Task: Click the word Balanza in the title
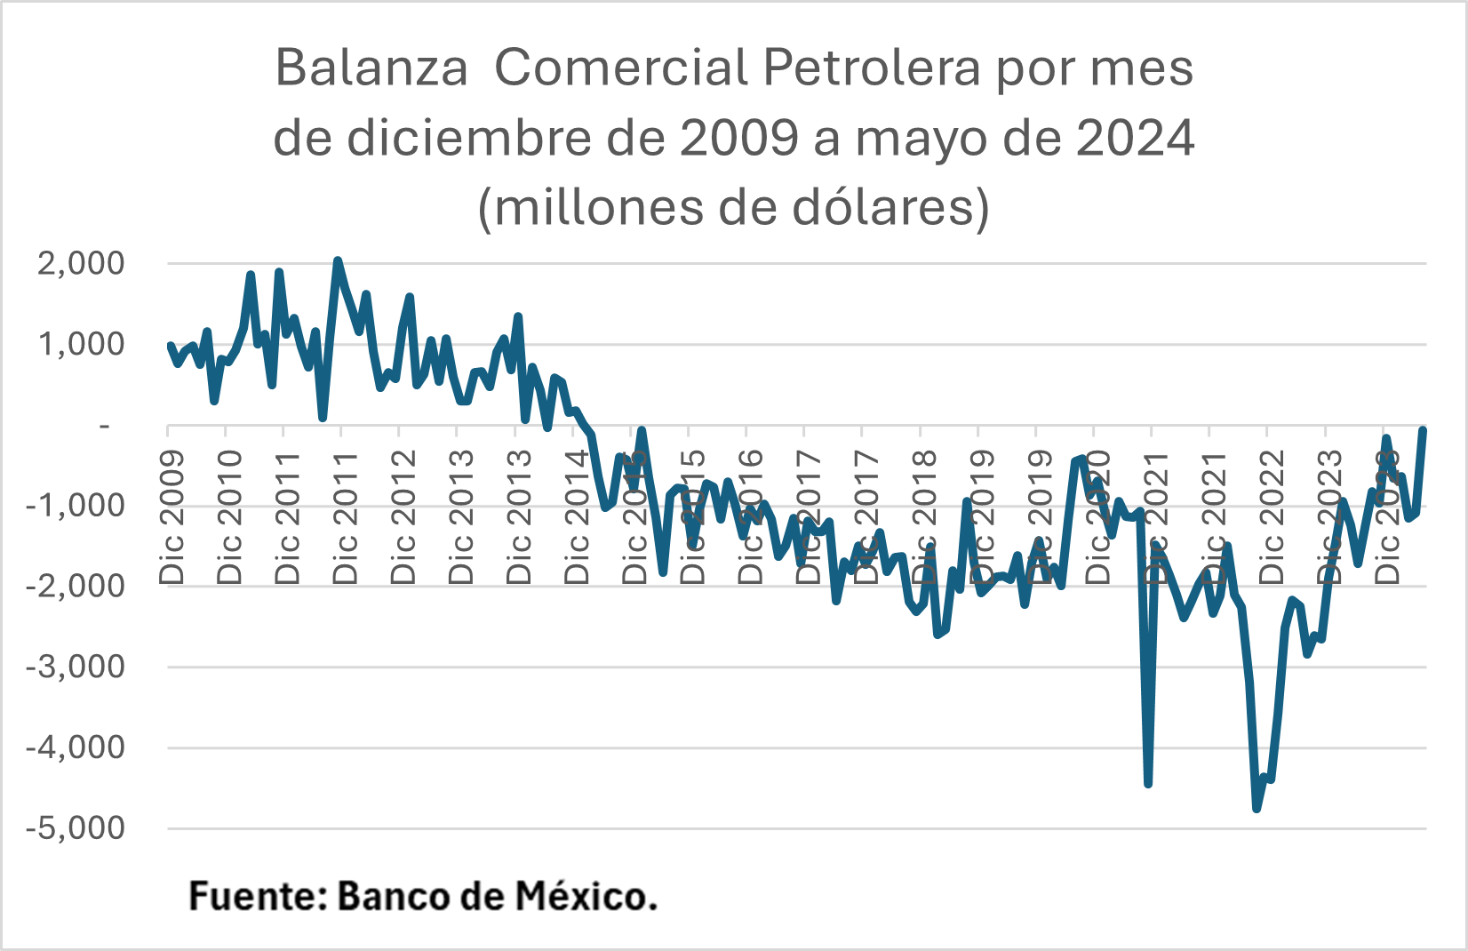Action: click(371, 68)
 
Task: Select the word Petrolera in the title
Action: click(871, 68)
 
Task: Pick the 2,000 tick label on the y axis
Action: click(81, 263)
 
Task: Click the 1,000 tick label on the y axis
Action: click(81, 344)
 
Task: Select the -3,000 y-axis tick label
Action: click(75, 667)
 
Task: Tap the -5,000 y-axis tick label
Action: click(75, 828)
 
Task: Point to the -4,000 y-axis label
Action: click(75, 747)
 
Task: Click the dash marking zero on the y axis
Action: click(105, 426)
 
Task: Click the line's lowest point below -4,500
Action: click(1257, 808)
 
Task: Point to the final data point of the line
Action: click(1423, 431)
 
